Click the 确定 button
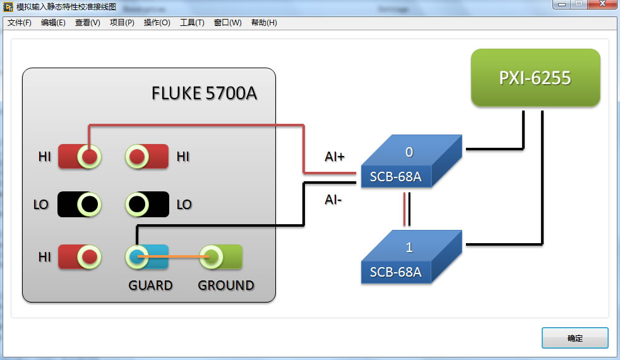point(575,338)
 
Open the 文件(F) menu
point(19,23)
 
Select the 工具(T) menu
point(192,23)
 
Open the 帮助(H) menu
point(264,23)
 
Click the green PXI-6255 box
point(535,78)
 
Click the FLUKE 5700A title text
point(204,93)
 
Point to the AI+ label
point(335,157)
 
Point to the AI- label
point(333,200)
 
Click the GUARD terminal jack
point(138,256)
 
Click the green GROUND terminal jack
point(212,256)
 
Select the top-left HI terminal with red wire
point(90,156)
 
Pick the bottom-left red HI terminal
point(90,256)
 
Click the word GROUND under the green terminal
point(226,285)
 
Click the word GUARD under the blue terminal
point(150,285)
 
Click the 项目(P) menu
point(122,23)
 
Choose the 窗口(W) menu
point(227,23)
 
